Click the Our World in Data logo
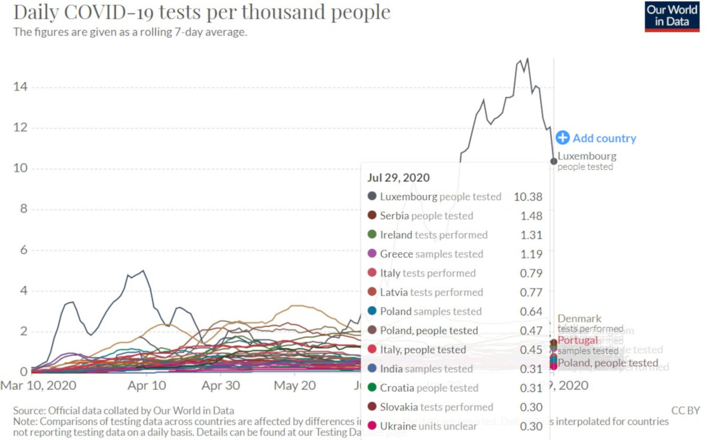(672, 17)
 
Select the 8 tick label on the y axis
(23, 209)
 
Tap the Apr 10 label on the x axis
(147, 386)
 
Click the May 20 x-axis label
(294, 386)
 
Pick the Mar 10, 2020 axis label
(38, 386)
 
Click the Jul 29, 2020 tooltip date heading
(398, 178)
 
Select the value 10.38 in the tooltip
(528, 197)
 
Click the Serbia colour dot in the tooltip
(372, 215)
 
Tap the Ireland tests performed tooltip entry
(434, 235)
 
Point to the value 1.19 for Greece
(531, 254)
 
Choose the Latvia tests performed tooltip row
(431, 292)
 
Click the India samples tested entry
(426, 369)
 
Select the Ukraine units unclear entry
(428, 426)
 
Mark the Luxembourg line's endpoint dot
(553, 161)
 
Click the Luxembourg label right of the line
(586, 156)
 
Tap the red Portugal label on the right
(578, 340)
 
